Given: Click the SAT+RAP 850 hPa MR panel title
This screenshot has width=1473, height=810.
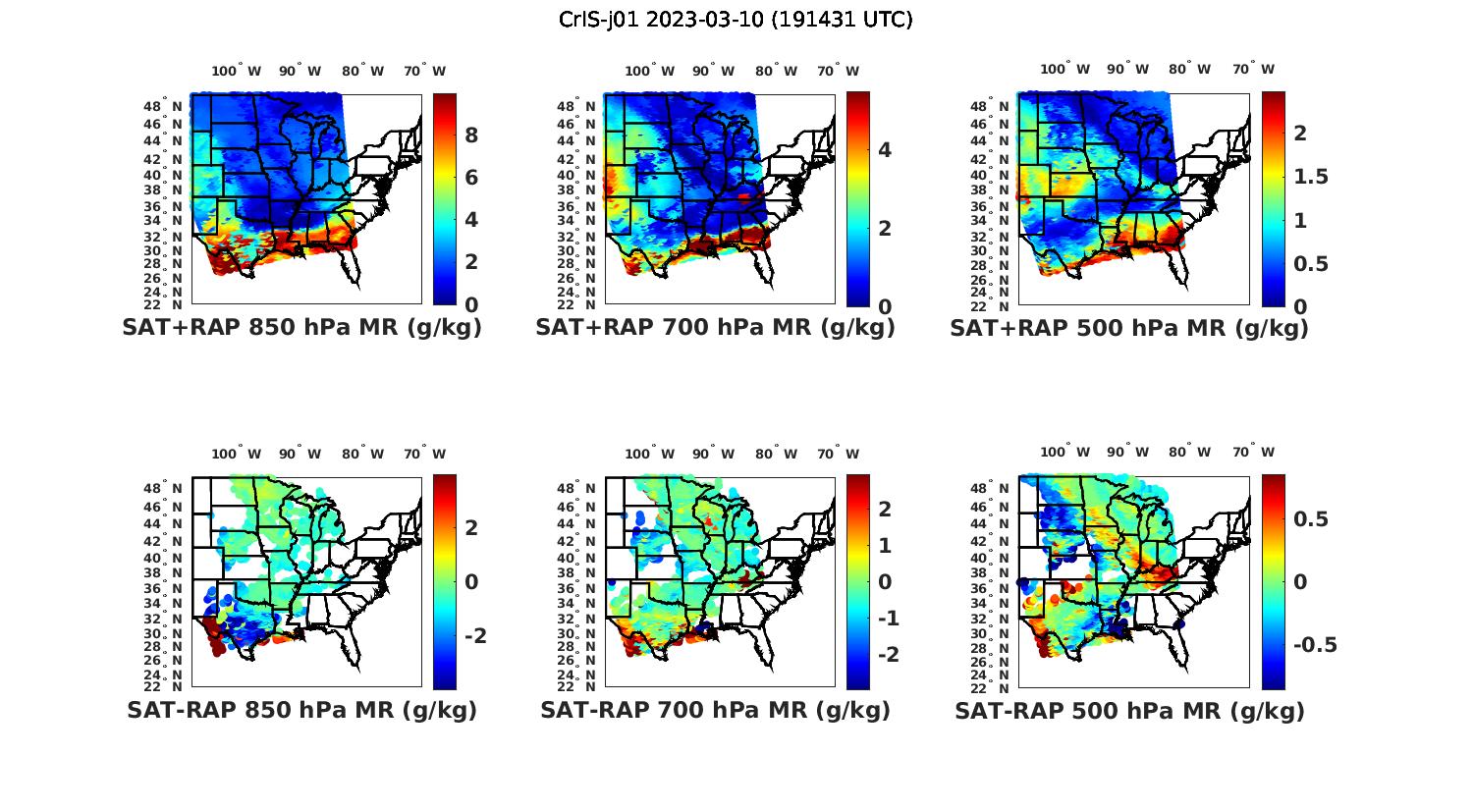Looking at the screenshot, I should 301,328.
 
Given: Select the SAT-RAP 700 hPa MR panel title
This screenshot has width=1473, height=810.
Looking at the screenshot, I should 715,710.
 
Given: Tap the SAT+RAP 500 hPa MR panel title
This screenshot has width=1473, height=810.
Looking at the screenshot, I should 1129,328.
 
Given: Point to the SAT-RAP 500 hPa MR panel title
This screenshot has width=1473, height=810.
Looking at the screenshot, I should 1129,711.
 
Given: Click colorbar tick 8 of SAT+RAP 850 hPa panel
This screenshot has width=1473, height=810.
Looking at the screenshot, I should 471,135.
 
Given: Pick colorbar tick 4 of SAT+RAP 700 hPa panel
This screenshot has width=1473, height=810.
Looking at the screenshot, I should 885,149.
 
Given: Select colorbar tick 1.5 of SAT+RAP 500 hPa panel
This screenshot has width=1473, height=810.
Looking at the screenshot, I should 1312,177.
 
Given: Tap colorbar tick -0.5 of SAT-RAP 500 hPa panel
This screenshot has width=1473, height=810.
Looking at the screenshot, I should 1314,645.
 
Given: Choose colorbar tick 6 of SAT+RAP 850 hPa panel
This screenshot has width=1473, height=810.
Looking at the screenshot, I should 471,178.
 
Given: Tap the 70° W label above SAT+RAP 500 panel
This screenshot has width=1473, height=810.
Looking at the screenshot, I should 1253,69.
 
